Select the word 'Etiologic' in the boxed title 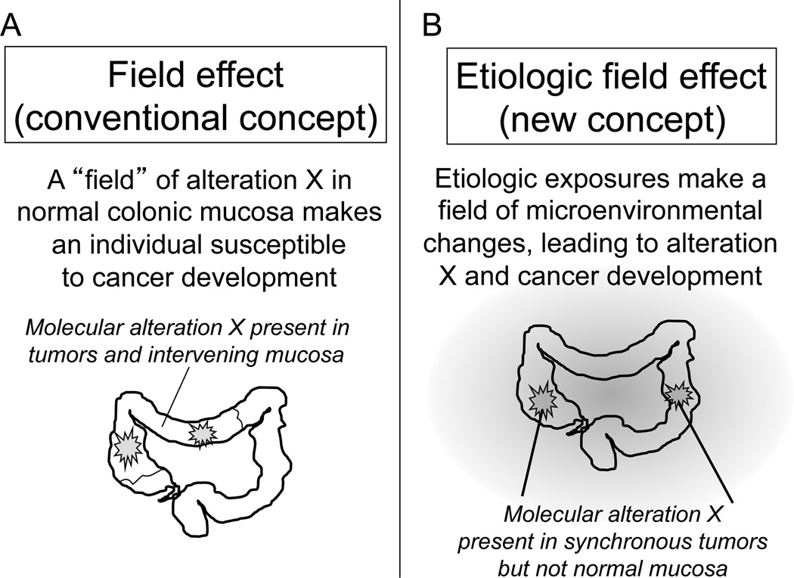(523, 77)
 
